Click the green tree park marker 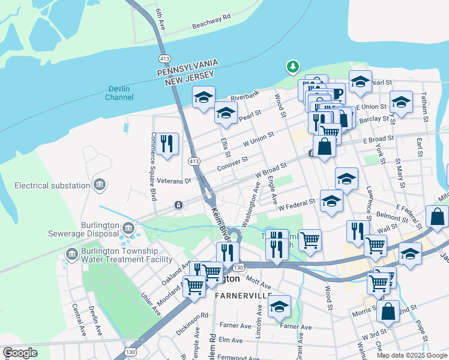292,67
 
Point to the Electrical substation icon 100,185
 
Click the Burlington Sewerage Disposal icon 128,228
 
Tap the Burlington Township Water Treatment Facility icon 73,255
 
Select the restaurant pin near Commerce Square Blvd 167,143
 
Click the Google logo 20,353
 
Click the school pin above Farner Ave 279,306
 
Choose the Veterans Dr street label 178,180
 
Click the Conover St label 232,163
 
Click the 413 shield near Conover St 193,161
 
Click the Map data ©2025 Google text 411,355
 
